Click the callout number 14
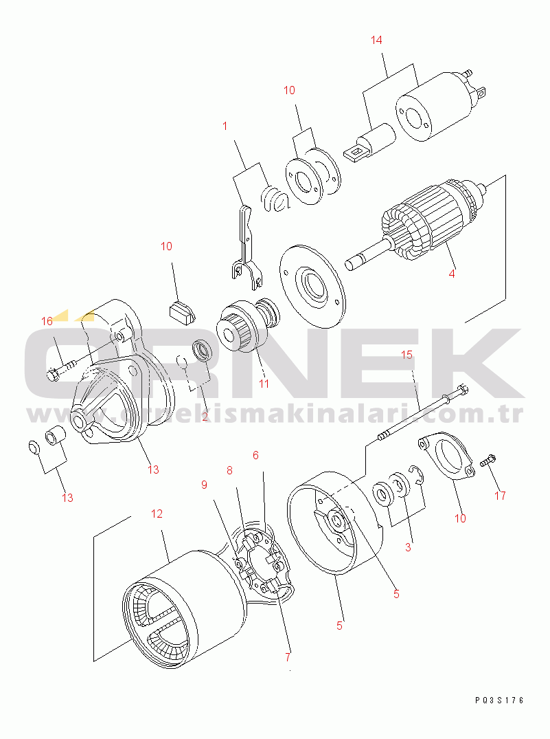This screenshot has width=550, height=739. (376, 40)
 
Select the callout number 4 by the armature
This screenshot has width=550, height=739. (452, 274)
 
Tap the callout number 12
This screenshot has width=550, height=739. (157, 514)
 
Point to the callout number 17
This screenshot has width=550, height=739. (500, 496)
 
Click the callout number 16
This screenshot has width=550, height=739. (47, 322)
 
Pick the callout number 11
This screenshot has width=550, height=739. (264, 384)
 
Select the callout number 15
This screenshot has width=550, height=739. (407, 355)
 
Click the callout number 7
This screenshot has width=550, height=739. (288, 657)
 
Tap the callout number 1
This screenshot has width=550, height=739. (225, 126)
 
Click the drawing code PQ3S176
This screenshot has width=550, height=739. (499, 701)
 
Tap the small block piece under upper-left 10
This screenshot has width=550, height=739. (181, 314)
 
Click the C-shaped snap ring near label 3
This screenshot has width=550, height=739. (417, 474)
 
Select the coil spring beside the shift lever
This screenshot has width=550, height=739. (275, 199)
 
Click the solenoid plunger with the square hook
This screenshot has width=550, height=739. (370, 143)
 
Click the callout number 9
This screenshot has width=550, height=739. (205, 485)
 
